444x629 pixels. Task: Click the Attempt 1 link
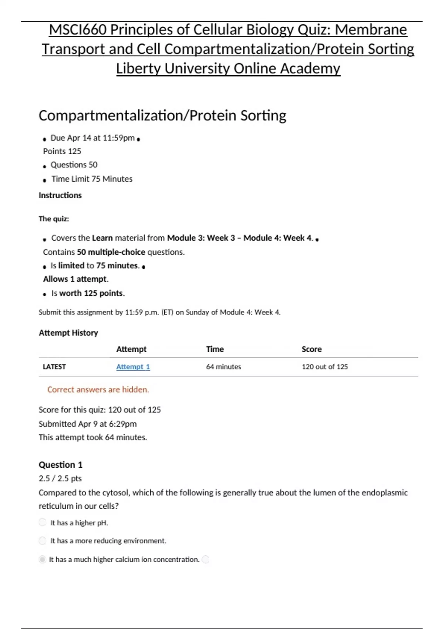133,367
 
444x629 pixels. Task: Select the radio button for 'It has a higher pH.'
43,522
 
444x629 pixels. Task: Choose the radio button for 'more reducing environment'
43,541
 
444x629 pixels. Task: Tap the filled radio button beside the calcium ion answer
43,559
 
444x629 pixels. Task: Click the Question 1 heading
60,464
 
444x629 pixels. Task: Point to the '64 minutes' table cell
223,367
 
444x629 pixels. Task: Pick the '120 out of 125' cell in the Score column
324,367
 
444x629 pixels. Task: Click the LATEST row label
54,367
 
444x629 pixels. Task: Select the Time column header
215,349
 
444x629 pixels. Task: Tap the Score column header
311,349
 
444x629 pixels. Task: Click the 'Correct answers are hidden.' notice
98,389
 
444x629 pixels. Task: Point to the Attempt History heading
68,333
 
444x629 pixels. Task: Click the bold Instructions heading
60,195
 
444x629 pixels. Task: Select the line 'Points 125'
62,151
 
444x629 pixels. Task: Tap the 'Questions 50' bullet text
74,165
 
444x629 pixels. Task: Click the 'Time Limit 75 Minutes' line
92,179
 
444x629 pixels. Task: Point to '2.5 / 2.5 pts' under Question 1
60,478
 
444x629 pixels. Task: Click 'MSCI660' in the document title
77,29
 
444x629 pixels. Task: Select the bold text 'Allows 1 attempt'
75,279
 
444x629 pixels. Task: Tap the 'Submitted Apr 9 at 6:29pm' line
88,424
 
